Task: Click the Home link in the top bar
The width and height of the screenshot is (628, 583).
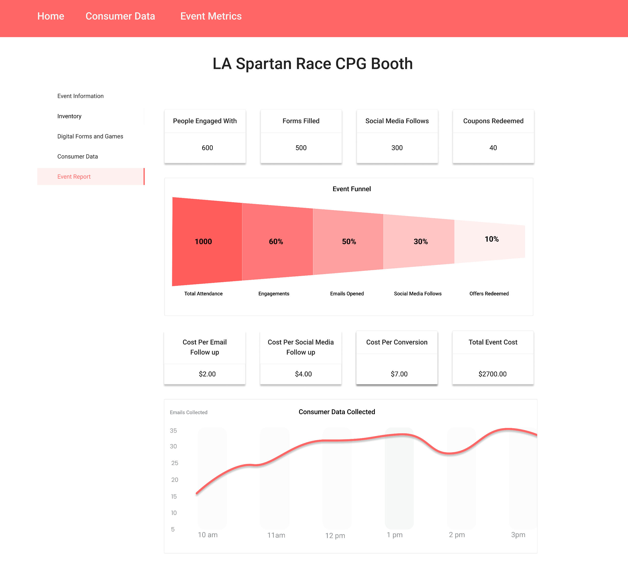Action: tap(51, 16)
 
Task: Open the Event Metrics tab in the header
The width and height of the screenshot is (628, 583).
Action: tap(211, 16)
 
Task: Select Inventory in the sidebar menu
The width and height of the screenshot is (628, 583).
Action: tap(69, 116)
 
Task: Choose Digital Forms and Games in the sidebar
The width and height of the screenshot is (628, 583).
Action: tap(90, 136)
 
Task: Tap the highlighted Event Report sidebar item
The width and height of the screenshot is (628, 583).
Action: tap(74, 177)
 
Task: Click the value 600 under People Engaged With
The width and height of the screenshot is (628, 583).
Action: tap(207, 148)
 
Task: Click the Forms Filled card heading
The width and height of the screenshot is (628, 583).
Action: tap(301, 121)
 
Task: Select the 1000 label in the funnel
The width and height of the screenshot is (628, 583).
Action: tap(203, 242)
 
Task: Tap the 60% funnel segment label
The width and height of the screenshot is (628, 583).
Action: tap(276, 242)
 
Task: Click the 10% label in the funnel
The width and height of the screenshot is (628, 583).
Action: tap(491, 239)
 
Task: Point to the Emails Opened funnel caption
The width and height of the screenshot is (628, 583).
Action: tap(347, 294)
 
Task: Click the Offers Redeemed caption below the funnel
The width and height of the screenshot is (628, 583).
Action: tap(489, 294)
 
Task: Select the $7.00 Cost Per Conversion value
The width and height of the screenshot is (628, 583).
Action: tap(399, 374)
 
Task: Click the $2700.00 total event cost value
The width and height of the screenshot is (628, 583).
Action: tap(492, 374)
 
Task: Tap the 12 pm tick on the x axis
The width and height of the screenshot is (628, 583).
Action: tap(335, 535)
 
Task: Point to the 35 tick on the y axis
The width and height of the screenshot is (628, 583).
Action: tap(173, 431)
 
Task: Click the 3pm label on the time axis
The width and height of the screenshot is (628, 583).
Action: tap(518, 535)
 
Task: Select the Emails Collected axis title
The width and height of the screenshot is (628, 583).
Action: tap(188, 412)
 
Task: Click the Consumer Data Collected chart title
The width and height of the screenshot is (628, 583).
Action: tap(337, 412)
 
